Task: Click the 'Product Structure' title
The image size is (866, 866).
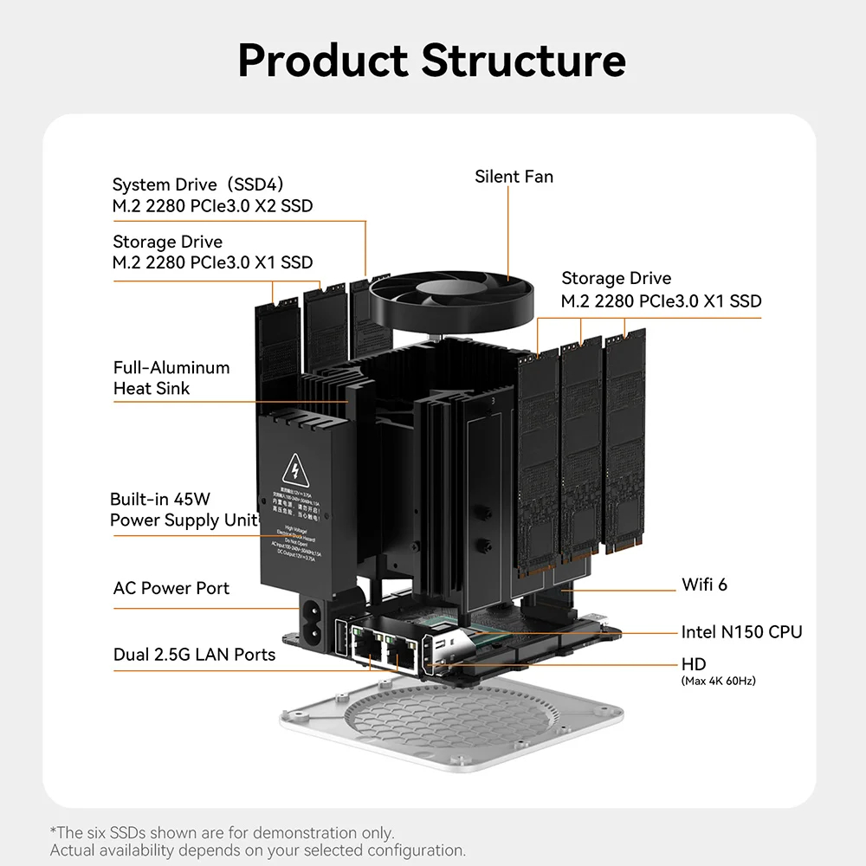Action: pyautogui.click(x=431, y=61)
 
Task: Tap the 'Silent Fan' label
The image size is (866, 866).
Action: pyautogui.click(x=514, y=177)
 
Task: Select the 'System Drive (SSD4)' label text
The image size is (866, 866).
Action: pyautogui.click(x=198, y=184)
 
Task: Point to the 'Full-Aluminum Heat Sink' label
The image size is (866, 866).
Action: pyautogui.click(x=171, y=378)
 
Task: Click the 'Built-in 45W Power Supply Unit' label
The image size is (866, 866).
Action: pyautogui.click(x=184, y=509)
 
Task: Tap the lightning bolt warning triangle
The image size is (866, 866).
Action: pyautogui.click(x=297, y=471)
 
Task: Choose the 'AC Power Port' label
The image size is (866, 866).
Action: pyautogui.click(x=171, y=588)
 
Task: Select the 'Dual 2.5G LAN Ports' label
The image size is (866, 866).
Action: pyautogui.click(x=194, y=655)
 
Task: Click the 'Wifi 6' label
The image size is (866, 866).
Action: pyautogui.click(x=704, y=585)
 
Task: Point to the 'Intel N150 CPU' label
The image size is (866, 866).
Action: pyautogui.click(x=741, y=632)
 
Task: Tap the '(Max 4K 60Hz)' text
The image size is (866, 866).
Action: pyautogui.click(x=718, y=681)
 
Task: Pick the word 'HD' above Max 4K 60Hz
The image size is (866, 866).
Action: pyautogui.click(x=694, y=664)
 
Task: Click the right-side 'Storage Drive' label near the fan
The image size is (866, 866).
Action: pyautogui.click(x=616, y=278)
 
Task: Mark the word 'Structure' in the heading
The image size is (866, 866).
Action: pyautogui.click(x=523, y=61)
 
